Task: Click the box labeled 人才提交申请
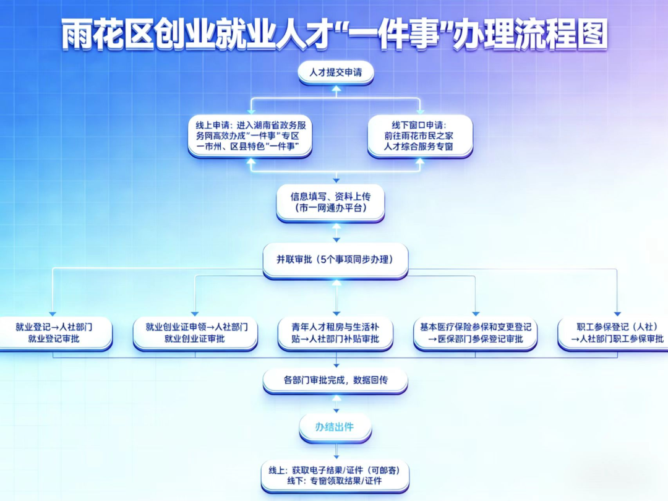tap(336, 72)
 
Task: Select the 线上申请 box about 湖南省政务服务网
tap(250, 135)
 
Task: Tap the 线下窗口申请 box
tap(419, 135)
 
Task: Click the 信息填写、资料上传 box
tap(330, 202)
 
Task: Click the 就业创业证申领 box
tap(195, 333)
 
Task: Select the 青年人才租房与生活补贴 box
tap(335, 333)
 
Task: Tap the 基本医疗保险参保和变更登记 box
tap(475, 333)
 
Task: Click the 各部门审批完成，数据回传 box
tap(335, 380)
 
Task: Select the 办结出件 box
tap(335, 427)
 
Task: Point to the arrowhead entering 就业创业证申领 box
tap(195, 314)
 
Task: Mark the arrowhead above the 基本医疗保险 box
tap(476, 314)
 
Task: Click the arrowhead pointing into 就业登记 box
tap(53, 314)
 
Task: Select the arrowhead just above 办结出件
tap(336, 410)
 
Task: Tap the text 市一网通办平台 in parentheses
tap(330, 208)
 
